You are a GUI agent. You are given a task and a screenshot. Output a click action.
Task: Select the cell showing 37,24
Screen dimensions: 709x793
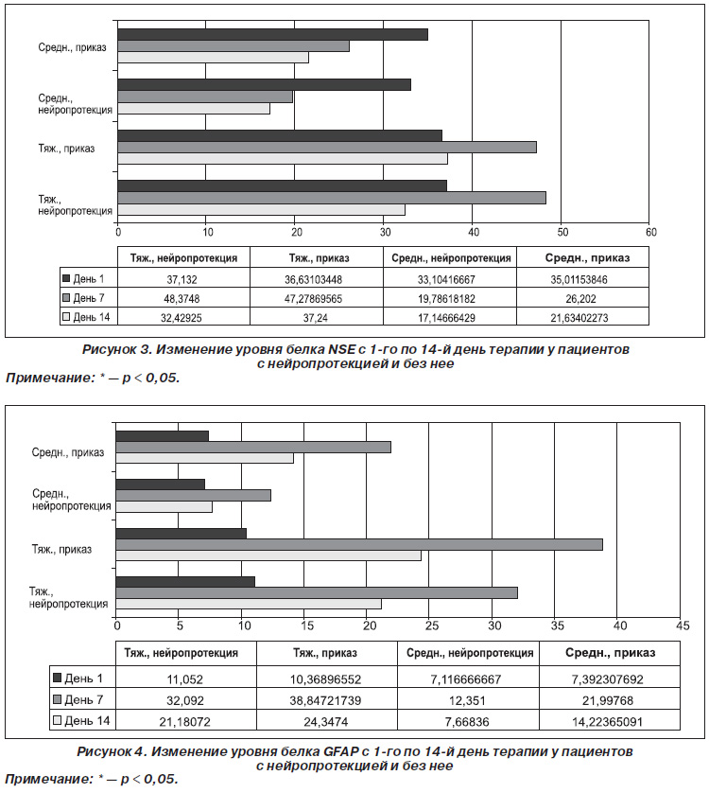point(316,318)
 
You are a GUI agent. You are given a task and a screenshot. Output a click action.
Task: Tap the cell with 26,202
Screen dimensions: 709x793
point(581,299)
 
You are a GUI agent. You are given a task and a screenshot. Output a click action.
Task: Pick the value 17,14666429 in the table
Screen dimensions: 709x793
point(447,318)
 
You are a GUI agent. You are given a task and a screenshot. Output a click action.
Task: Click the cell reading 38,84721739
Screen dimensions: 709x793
point(326,700)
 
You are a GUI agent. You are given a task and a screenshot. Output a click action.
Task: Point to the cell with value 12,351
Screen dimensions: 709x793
point(467,700)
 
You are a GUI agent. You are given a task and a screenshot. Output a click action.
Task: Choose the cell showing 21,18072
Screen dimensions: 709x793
point(185,722)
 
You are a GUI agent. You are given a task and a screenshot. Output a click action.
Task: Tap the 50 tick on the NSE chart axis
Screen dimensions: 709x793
point(562,232)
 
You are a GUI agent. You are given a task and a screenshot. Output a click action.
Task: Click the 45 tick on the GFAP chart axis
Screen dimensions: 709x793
point(683,626)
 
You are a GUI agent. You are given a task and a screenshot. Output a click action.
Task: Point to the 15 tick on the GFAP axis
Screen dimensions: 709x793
point(307,626)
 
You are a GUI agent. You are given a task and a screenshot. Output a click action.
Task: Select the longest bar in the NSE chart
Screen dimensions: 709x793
point(332,198)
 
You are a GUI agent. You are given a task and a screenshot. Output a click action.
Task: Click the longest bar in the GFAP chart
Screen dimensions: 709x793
point(359,545)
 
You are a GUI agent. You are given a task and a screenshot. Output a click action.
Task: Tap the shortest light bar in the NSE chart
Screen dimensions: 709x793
point(194,109)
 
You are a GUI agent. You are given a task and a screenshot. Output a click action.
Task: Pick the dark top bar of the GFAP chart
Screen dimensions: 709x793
point(163,436)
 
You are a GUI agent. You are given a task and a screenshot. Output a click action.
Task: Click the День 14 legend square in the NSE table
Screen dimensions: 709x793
point(65,318)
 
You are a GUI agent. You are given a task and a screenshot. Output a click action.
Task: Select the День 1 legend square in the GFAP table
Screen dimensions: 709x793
point(57,678)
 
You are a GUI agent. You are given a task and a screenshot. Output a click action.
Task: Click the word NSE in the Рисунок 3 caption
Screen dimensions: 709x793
point(341,349)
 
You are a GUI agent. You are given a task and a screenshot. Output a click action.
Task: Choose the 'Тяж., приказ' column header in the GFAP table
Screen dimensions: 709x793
point(325,653)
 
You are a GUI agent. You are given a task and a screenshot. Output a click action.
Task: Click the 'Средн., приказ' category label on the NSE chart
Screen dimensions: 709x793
point(72,47)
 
